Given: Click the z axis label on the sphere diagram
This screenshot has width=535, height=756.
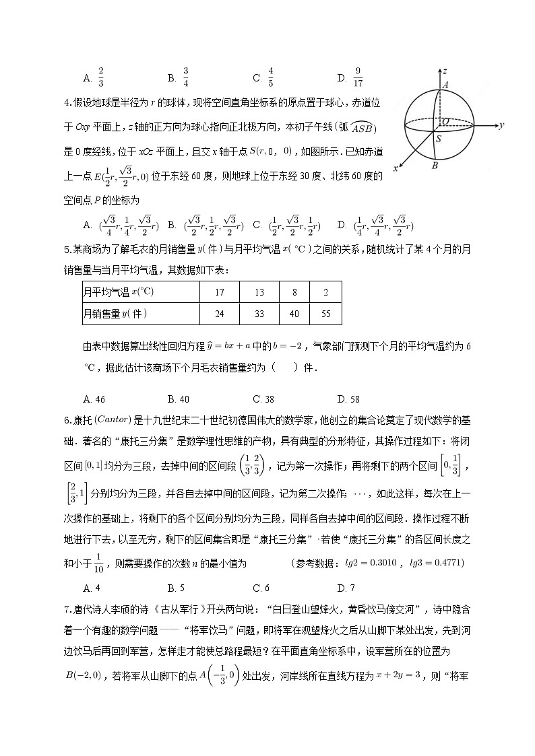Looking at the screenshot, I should point(445,70).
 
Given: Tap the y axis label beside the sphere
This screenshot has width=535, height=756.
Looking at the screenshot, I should point(502,125).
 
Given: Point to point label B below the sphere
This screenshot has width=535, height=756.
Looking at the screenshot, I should point(435,166).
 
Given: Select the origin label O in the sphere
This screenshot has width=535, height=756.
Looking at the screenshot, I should point(446,121).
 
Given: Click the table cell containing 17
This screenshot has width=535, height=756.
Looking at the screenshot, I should point(219,293).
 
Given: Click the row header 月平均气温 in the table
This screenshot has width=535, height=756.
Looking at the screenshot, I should point(119,293).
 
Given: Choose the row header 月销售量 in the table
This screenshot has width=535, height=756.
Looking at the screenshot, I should point(115,314).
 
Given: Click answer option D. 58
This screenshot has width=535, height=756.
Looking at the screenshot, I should point(348,399).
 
